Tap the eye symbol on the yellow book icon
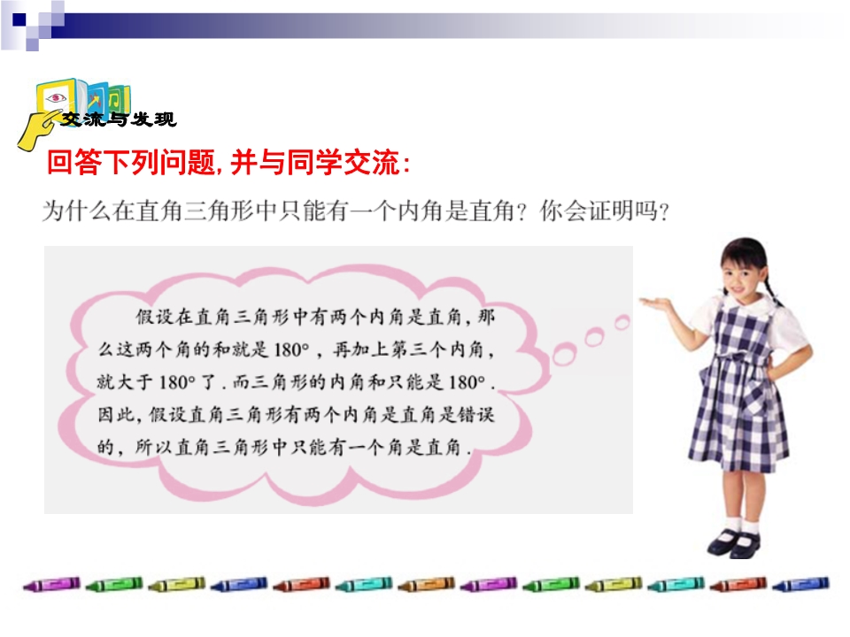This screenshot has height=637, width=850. [56, 98]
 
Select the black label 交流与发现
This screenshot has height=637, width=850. [118, 119]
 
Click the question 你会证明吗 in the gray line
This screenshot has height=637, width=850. [599, 211]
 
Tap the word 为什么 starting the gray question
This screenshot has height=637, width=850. [77, 211]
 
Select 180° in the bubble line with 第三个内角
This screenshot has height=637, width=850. [291, 350]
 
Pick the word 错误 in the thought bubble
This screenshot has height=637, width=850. [476, 415]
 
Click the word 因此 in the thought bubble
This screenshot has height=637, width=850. [116, 415]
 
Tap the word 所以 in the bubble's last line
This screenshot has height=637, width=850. [153, 448]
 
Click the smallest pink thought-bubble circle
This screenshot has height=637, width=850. [622, 322]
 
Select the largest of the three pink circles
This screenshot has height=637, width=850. [564, 355]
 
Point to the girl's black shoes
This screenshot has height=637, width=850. [735, 543]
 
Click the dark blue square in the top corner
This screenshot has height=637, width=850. [19, 19]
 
